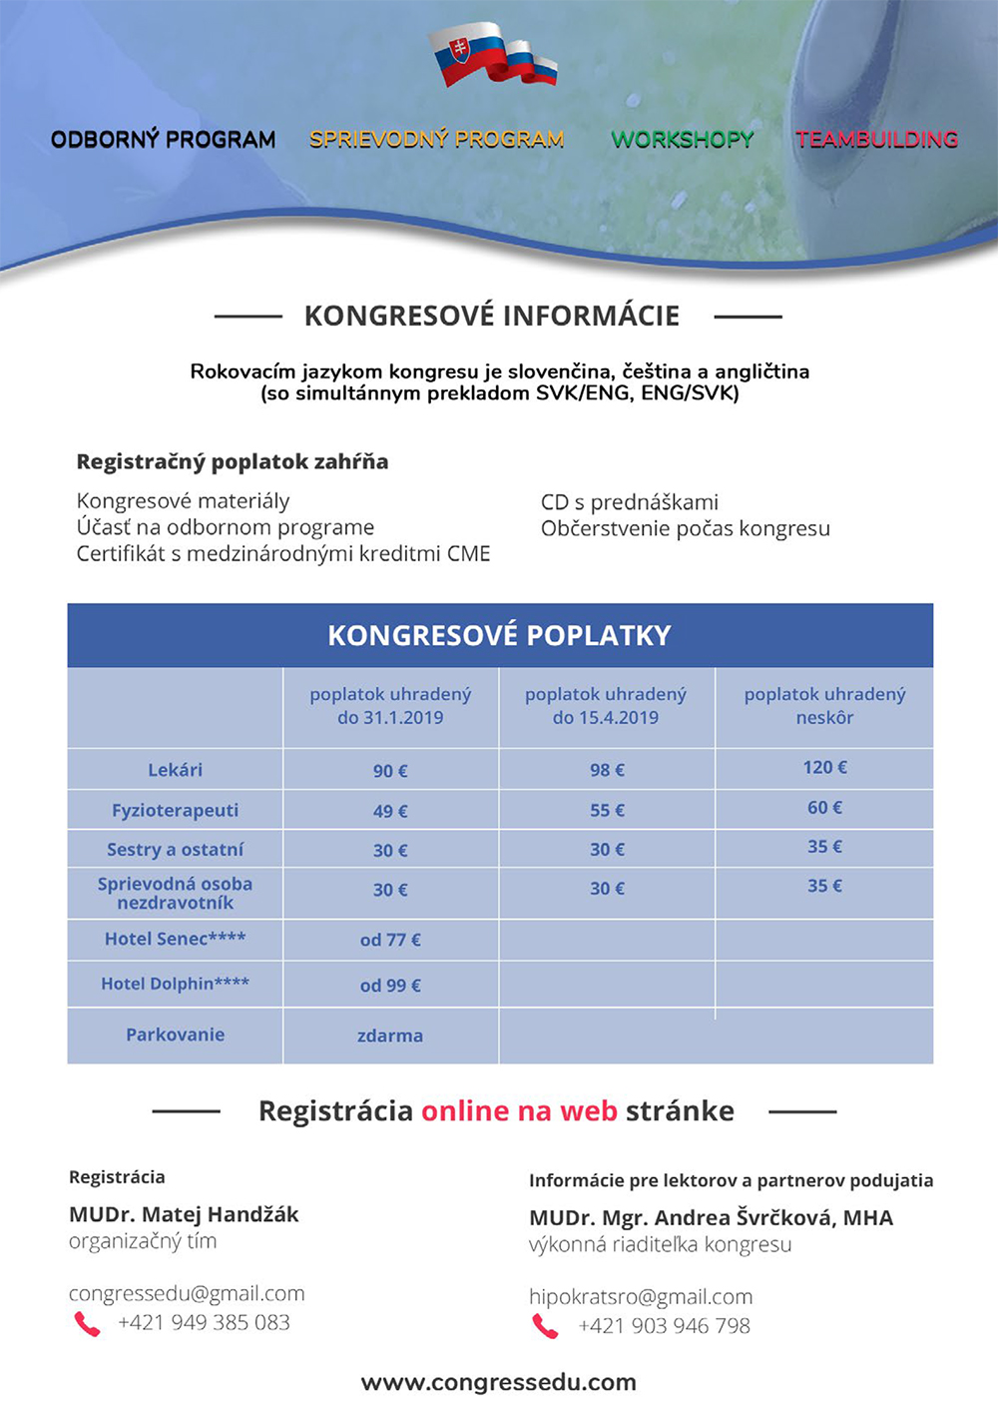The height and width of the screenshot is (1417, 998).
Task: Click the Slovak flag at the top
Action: pos(491,55)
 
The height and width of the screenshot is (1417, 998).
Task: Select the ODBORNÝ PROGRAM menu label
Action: pos(164,140)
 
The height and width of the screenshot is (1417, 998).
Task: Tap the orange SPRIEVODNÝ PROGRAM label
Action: pos(437,140)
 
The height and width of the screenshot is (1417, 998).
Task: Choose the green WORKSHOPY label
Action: pos(683,140)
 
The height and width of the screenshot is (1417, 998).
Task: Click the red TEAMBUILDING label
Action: pos(877,140)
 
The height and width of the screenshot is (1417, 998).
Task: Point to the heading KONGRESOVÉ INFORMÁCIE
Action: pos(492,317)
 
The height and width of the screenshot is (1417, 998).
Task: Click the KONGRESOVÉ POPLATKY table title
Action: pos(499,635)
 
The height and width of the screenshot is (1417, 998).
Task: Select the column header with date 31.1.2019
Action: pos(390,706)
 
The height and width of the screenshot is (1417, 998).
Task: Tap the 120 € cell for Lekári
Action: pos(824,767)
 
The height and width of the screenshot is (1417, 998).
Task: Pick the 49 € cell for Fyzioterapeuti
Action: pos(390,811)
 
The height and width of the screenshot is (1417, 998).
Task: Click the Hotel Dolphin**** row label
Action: pos(175,984)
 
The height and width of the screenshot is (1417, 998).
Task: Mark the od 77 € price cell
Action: pos(390,940)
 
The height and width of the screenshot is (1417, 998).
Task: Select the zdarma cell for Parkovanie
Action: pos(390,1036)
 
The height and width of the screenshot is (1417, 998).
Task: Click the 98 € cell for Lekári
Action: pos(607,770)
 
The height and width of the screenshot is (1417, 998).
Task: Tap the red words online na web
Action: pos(519,1111)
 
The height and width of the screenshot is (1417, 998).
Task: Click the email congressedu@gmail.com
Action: pos(187,1293)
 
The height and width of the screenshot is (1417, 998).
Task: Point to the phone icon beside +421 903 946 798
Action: pos(545,1326)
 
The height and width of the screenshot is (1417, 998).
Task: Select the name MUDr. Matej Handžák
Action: pos(184,1214)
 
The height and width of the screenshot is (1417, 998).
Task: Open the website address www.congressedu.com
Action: pos(498,1382)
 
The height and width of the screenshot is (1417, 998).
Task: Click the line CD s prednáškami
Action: pos(629,502)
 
